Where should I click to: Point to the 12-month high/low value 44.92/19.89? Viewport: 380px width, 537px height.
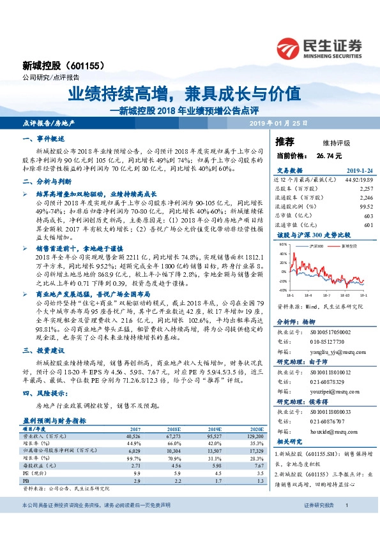359,180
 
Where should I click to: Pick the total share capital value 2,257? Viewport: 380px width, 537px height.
365,189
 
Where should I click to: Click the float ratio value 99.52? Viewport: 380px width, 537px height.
365,207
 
